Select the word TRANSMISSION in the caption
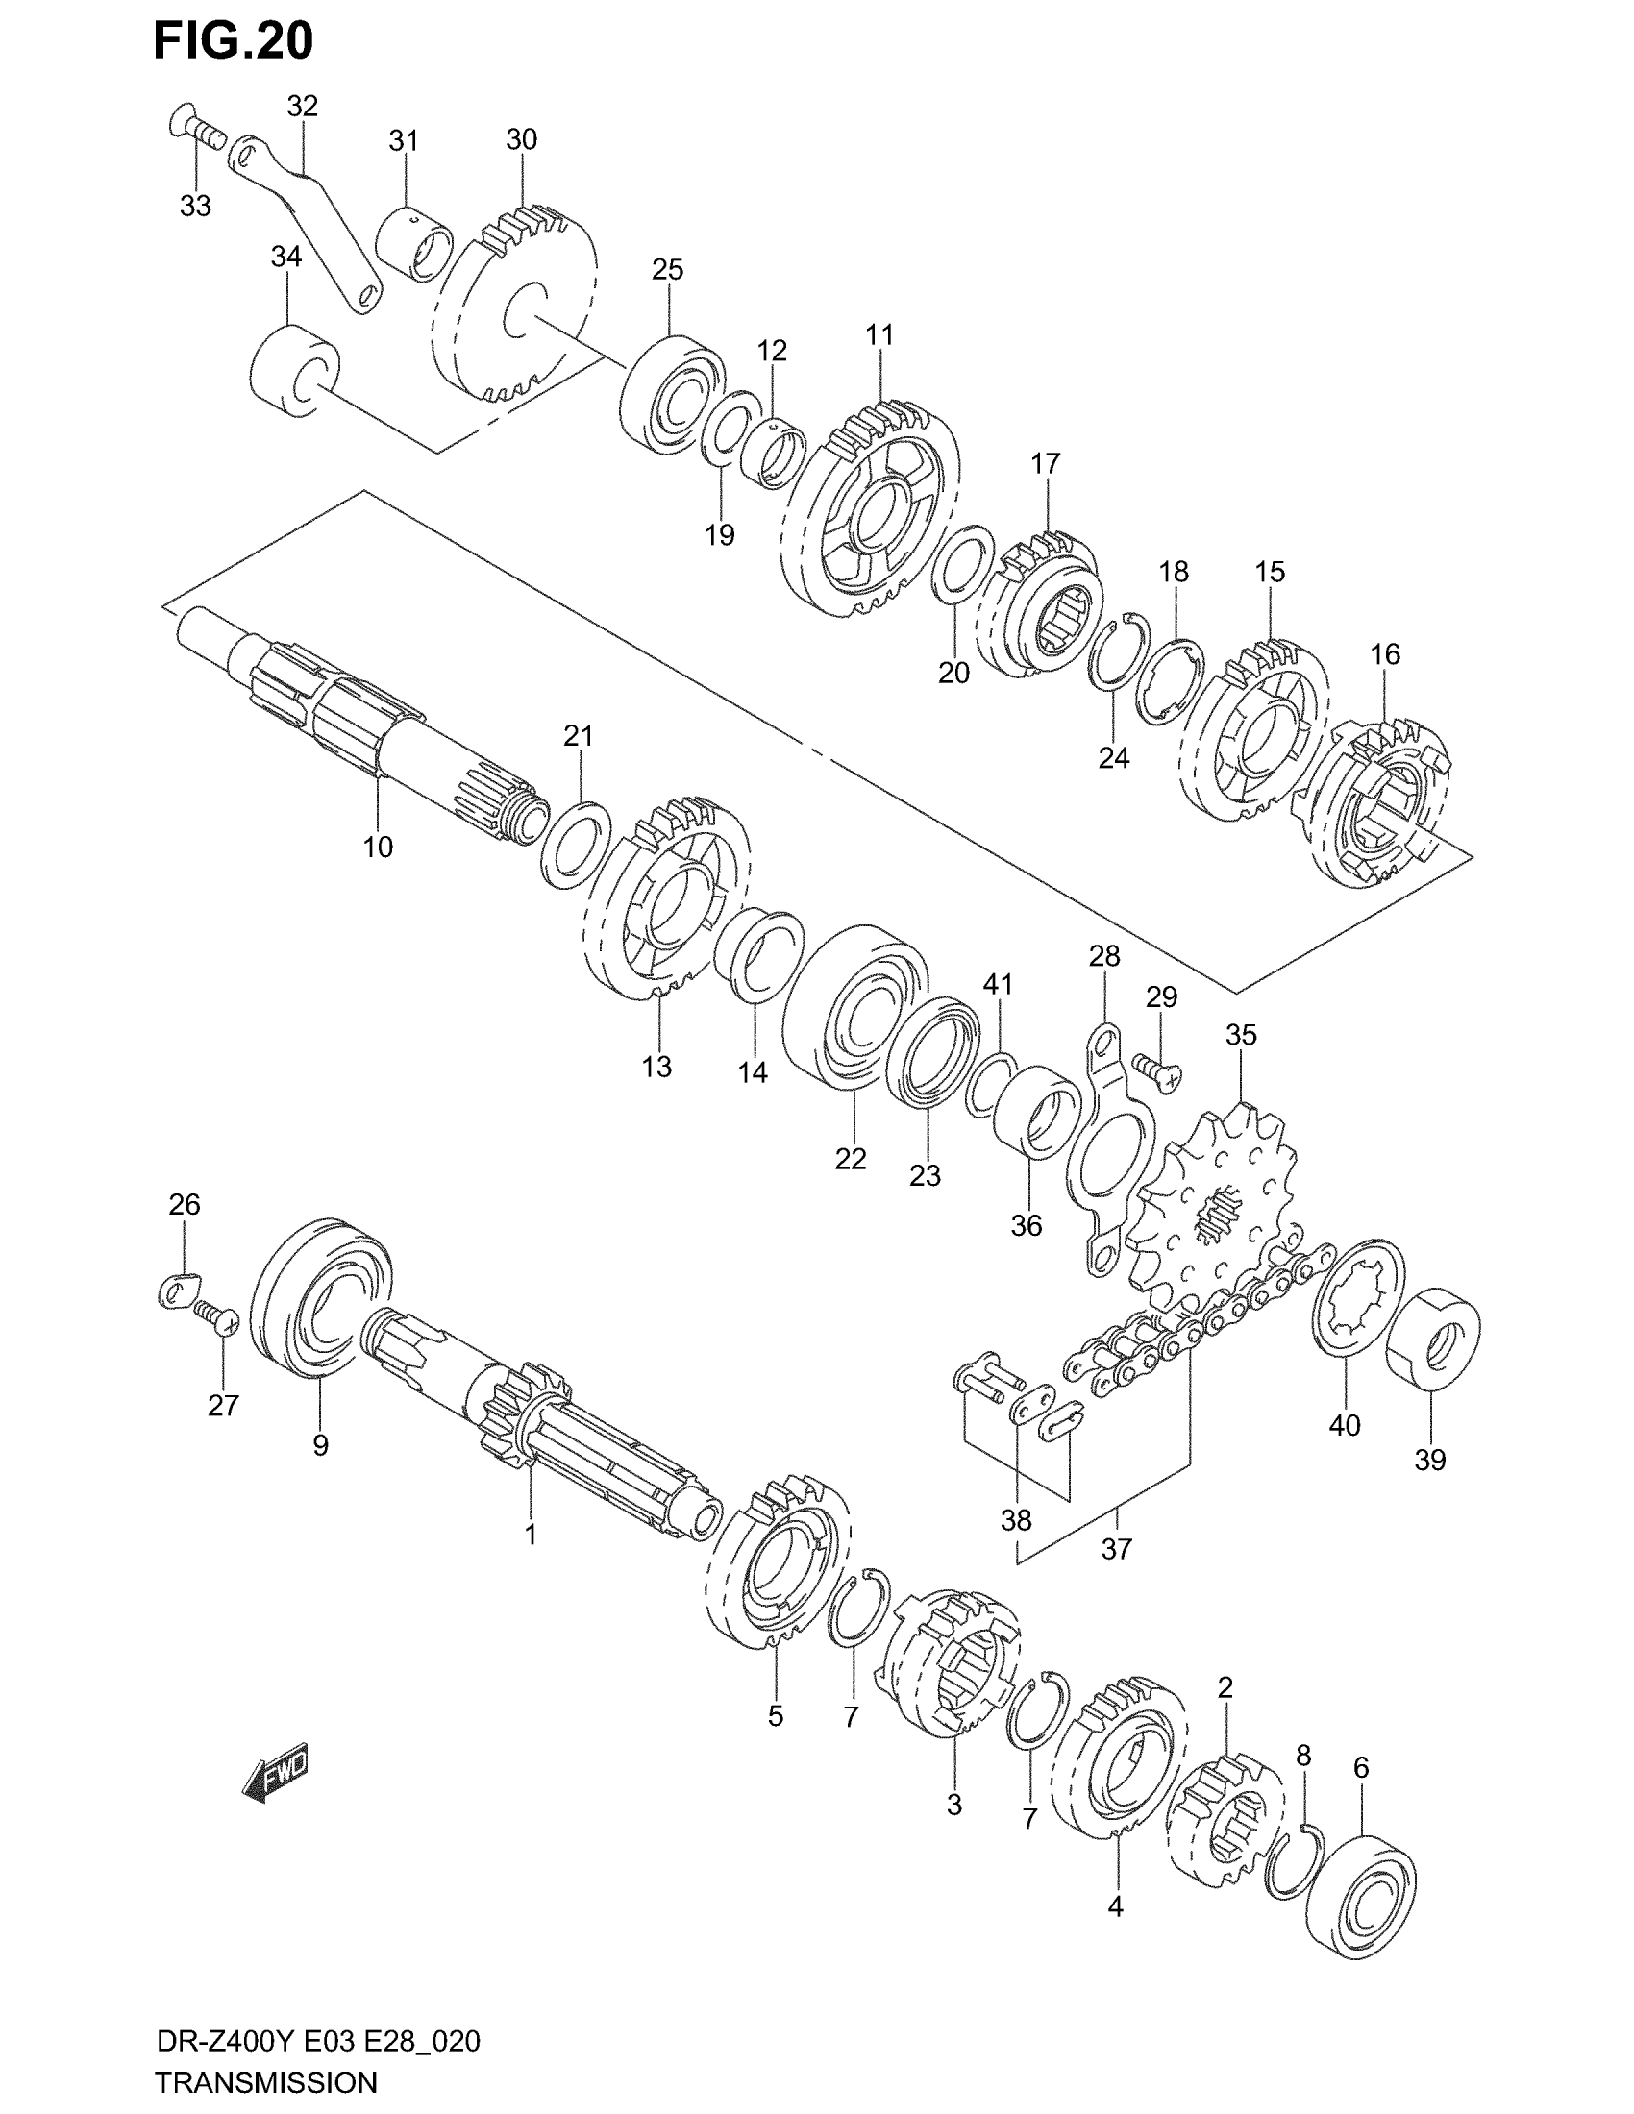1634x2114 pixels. [x=266, y=2082]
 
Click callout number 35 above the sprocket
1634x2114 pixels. [x=1241, y=1035]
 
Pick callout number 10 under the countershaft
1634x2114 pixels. [x=378, y=847]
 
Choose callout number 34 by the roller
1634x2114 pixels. [x=285, y=258]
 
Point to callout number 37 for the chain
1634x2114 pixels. [x=1116, y=1550]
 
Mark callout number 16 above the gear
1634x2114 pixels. [x=1385, y=654]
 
